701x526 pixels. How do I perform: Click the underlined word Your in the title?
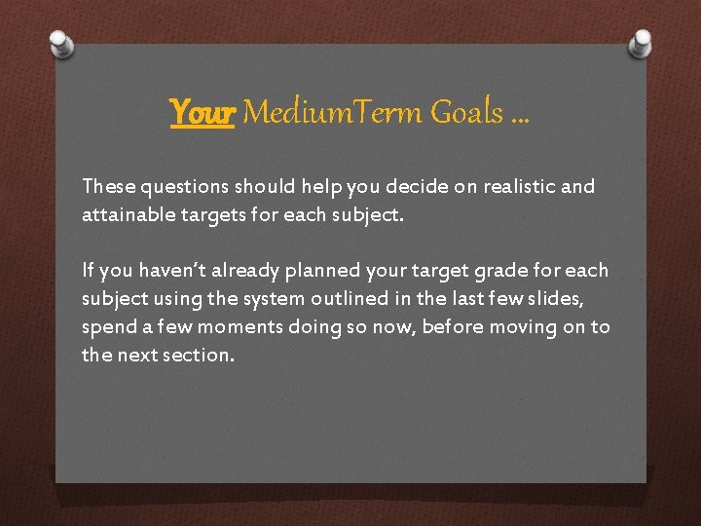click(x=203, y=113)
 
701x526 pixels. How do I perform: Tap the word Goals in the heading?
click(x=466, y=113)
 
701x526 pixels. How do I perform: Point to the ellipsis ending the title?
click(x=520, y=117)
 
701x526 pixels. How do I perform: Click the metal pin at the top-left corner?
click(x=61, y=44)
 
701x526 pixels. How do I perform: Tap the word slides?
click(x=552, y=298)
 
